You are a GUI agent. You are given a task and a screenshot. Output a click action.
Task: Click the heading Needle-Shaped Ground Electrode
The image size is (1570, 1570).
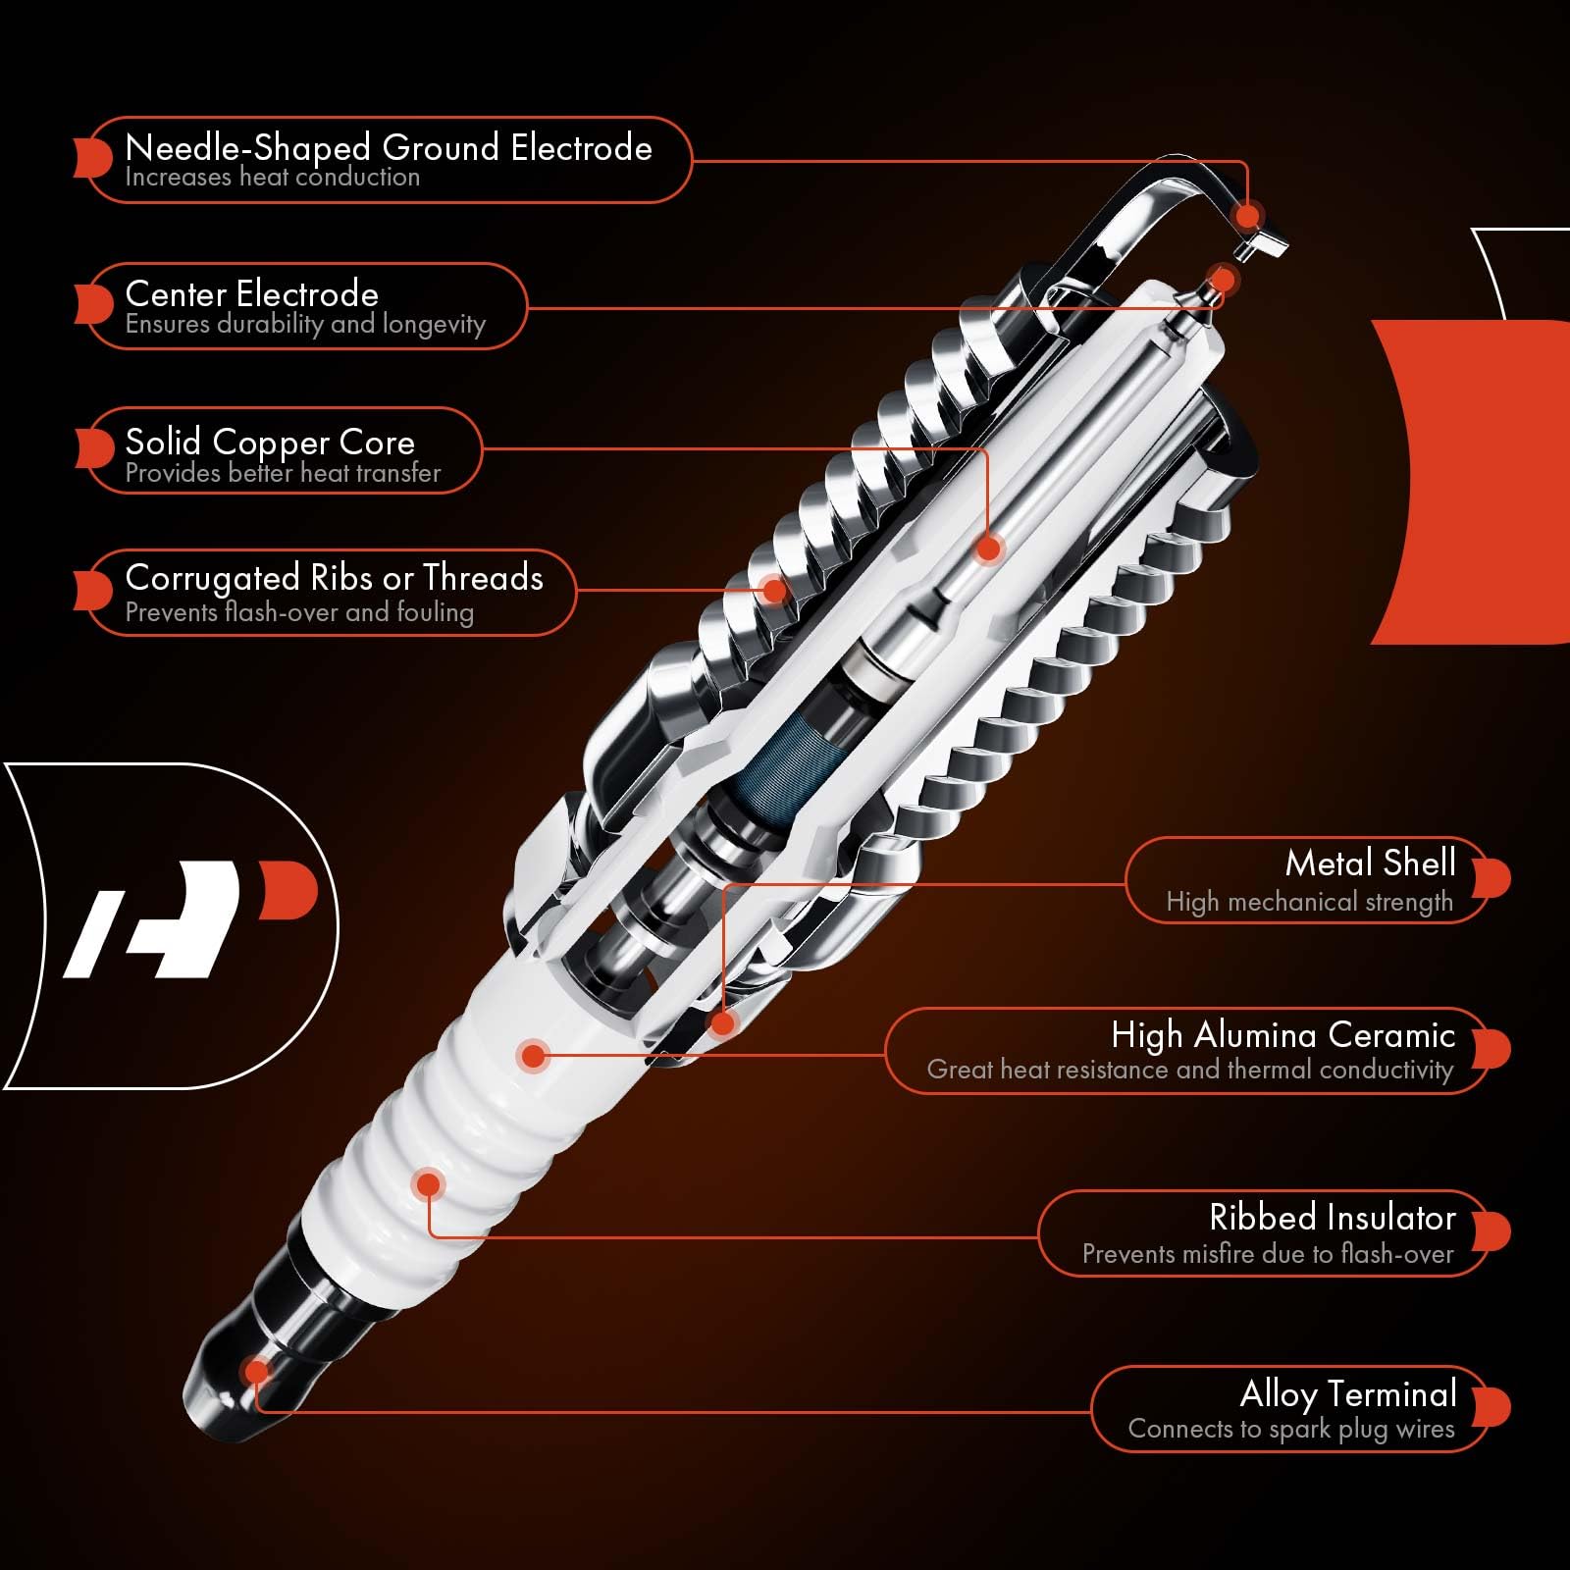coord(389,148)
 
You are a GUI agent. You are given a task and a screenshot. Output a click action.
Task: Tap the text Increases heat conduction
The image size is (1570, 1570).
coord(272,178)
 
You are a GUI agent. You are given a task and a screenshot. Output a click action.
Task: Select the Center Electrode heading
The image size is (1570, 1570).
coord(251,294)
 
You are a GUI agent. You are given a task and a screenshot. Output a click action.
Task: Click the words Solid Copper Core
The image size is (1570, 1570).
coord(270,442)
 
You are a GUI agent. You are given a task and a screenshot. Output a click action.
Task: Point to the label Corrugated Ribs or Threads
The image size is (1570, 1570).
coord(334,578)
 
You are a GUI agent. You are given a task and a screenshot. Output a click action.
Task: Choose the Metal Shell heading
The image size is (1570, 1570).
coord(1370,863)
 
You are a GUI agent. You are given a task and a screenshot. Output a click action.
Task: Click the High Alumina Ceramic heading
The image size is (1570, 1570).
coord(1282,1034)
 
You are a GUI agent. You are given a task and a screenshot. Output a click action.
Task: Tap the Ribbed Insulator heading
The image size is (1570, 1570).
coord(1332,1218)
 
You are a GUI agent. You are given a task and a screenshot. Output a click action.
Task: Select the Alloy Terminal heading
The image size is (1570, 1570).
coord(1347,1393)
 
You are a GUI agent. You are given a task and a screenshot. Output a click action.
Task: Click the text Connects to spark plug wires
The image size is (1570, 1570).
coord(1290,1429)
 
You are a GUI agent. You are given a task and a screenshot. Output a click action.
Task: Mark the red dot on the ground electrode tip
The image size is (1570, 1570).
coord(1248,216)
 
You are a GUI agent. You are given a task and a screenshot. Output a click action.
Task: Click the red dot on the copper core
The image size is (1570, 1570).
coord(989,549)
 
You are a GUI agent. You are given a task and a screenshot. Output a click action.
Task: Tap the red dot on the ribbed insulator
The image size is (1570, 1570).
coord(428,1184)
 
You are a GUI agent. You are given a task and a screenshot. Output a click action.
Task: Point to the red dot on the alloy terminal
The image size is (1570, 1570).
coord(257,1371)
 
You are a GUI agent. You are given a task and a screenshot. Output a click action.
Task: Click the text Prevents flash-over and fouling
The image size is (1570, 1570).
coord(299,612)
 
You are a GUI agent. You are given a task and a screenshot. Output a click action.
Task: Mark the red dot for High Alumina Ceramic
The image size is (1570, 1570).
coord(533,1056)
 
